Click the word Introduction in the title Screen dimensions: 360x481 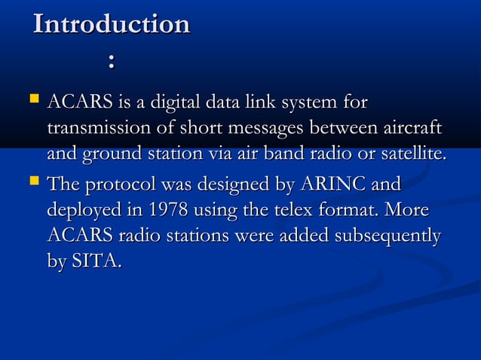[112, 24]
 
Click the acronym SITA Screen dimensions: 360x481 [96, 261]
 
